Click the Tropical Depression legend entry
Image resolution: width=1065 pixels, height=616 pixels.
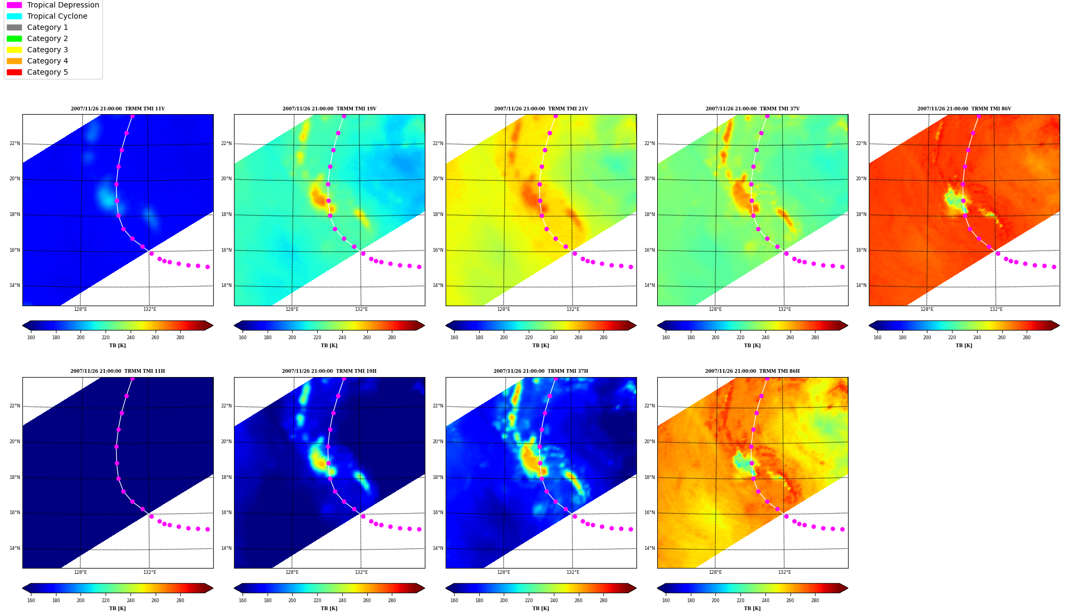(x=53, y=5)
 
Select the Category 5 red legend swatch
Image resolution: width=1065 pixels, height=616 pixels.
(x=14, y=72)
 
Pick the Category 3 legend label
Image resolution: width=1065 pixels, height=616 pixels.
(x=47, y=50)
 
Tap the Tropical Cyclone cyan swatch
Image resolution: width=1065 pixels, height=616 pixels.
(x=14, y=16)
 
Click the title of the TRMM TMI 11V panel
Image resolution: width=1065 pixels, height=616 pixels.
(x=118, y=109)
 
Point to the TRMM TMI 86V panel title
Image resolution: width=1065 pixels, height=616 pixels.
(x=964, y=109)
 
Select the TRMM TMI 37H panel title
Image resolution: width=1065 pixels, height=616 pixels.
(x=540, y=371)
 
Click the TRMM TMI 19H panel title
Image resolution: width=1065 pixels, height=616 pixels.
(x=329, y=371)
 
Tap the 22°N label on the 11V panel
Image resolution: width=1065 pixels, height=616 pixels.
(x=14, y=143)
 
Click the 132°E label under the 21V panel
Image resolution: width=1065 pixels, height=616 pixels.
(x=572, y=309)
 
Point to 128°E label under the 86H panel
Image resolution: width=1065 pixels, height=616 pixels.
(x=715, y=572)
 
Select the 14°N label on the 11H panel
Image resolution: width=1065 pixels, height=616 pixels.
(x=14, y=548)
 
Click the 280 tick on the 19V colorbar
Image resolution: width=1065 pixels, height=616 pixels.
(x=392, y=338)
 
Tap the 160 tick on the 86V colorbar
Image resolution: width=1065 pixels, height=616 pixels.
(x=877, y=338)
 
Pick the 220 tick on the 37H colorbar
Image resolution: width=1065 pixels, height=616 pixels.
(x=529, y=601)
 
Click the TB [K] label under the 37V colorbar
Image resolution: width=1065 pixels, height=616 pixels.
(x=752, y=346)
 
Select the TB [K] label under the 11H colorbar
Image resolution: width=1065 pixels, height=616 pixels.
(x=117, y=609)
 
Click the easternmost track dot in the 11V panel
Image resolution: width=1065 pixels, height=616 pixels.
(x=207, y=267)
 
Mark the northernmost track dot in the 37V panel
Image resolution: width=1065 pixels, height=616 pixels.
(x=767, y=116)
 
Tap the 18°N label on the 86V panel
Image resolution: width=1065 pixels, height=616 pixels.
(x=861, y=214)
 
